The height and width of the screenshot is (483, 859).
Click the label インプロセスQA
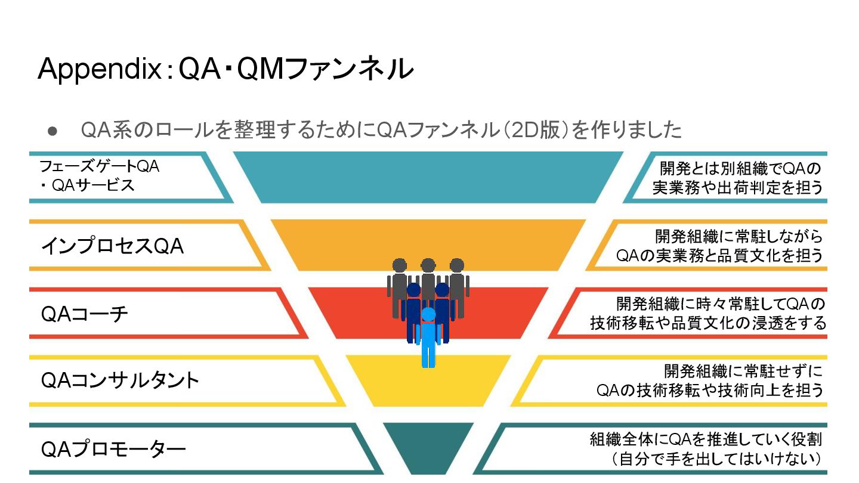click(112, 246)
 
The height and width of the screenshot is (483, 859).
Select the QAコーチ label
click(85, 314)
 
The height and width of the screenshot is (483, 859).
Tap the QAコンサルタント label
click(120, 381)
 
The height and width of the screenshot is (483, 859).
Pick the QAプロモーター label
click(113, 449)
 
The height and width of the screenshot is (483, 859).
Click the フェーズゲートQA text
click(99, 167)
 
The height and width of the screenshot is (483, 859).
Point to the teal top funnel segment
click(428, 177)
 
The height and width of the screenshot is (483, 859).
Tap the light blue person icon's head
click(428, 314)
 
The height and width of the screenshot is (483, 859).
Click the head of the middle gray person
click(428, 265)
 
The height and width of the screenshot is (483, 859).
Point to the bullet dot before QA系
click(52, 130)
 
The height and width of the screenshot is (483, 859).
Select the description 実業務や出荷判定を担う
click(737, 187)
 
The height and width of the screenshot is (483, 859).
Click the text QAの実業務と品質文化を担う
click(719, 255)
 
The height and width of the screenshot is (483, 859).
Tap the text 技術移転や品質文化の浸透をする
click(708, 323)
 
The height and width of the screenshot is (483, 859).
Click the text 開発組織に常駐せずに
click(743, 371)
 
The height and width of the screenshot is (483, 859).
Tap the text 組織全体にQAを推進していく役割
click(706, 439)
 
